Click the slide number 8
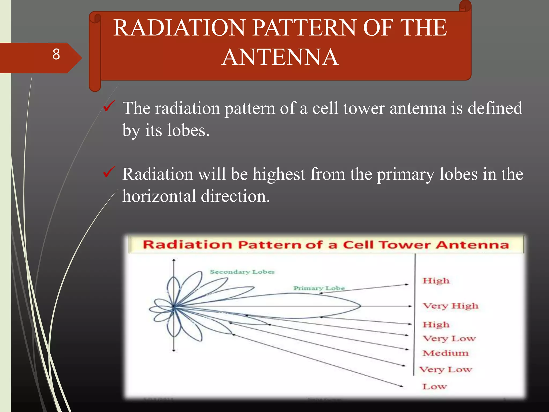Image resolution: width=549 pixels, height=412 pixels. pos(56,54)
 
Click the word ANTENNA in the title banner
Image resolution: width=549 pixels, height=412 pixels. pos(280,57)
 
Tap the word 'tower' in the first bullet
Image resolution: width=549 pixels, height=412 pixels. pos(364,108)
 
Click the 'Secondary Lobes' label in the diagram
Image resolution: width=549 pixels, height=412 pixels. pos(242,272)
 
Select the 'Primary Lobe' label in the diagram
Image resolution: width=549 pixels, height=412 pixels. pos(319,288)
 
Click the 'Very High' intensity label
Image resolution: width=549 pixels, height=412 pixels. pos(450,306)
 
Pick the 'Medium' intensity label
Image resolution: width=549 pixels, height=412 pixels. pos(446,353)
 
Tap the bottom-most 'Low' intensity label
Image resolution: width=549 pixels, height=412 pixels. pos(435,387)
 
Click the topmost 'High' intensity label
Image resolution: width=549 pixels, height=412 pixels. pos(436,281)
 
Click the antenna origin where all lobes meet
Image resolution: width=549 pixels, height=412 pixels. pos(174,306)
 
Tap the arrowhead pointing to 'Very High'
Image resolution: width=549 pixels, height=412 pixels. pos(410,306)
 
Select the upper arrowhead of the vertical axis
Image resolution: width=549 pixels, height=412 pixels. pos(174,260)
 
